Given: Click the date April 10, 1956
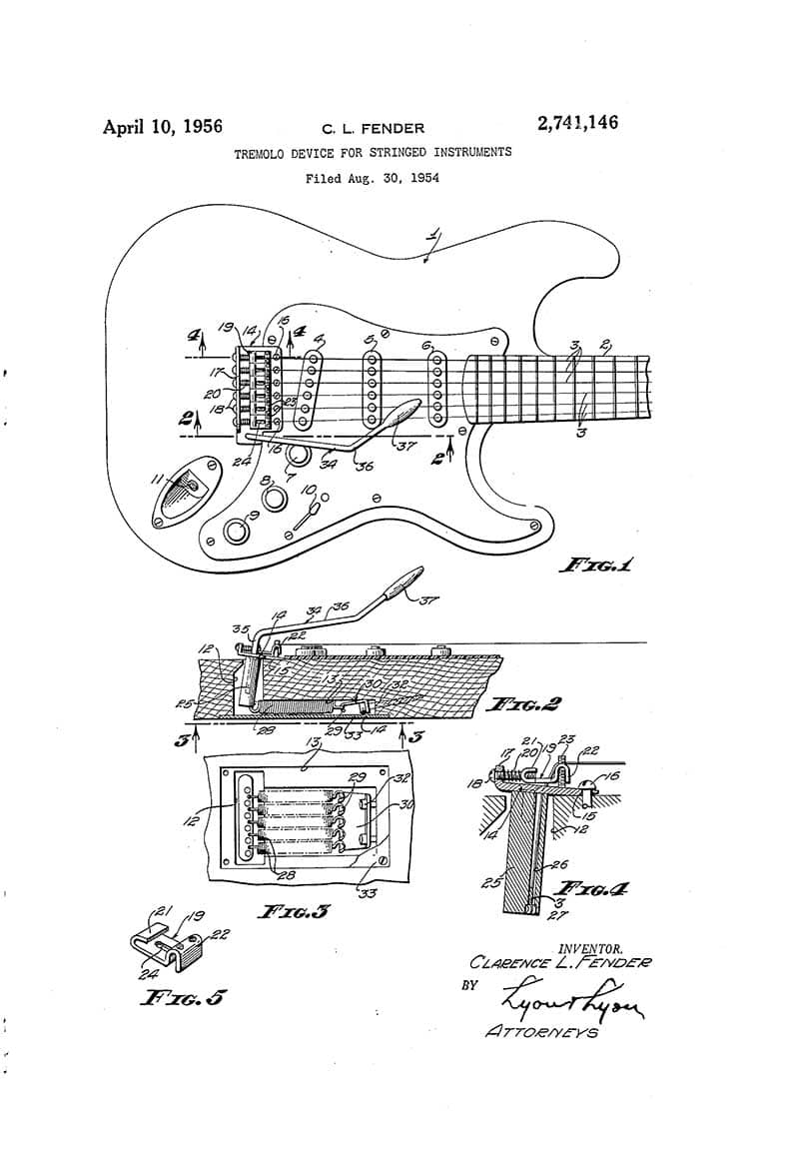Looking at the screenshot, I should click(x=163, y=127).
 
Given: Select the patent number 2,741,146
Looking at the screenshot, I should click(x=577, y=124).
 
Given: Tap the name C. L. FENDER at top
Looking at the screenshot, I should click(x=372, y=129).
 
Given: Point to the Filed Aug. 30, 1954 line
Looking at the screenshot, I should click(x=373, y=179).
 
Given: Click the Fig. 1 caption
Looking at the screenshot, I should click(x=597, y=566).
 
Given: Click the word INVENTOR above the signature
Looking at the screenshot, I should click(x=591, y=947).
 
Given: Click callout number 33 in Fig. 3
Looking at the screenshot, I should click(x=367, y=892).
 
